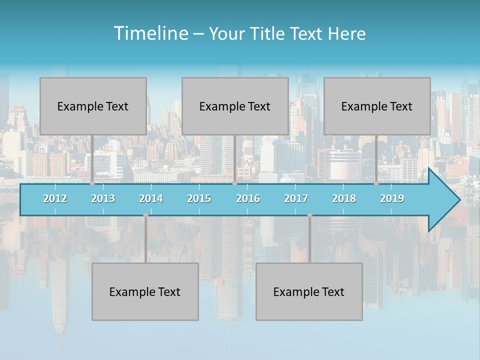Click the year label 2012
[x=55, y=198]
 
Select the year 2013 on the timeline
[x=103, y=198]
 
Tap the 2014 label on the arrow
[x=151, y=198]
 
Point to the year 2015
[x=199, y=198]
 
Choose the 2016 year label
[x=248, y=198]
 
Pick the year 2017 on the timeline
[x=296, y=198]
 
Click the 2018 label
[x=344, y=198]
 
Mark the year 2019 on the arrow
[x=392, y=198]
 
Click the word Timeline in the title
[x=150, y=33]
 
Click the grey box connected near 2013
[x=93, y=106]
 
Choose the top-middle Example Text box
[x=235, y=106]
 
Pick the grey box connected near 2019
[x=377, y=106]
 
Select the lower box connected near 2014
[x=145, y=291]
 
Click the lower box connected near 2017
[x=309, y=291]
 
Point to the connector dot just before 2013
[x=92, y=183]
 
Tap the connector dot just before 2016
[x=235, y=183]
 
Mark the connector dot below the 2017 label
[x=309, y=215]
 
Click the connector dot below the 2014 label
[x=145, y=215]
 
